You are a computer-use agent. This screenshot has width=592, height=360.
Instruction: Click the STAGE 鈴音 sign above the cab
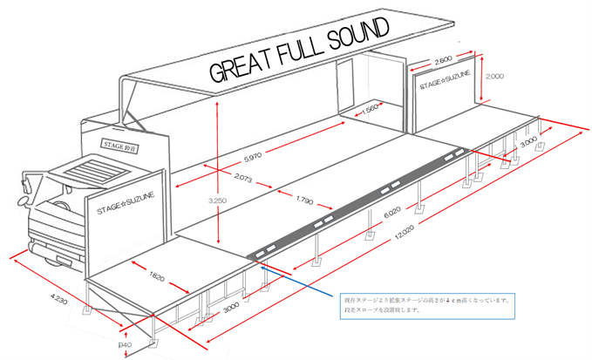click(120, 145)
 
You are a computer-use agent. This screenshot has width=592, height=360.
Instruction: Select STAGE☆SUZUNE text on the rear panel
click(445, 86)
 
